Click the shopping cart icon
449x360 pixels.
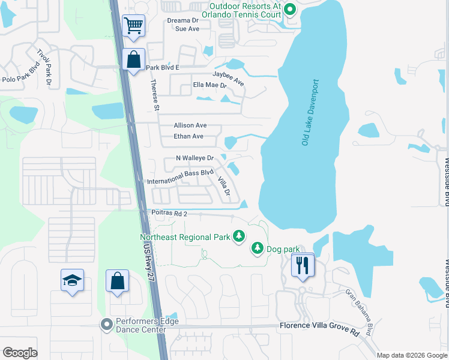(x=133, y=26)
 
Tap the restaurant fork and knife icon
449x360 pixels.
(x=301, y=265)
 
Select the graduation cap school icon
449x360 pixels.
(x=72, y=280)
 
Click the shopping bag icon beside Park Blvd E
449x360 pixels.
(x=133, y=59)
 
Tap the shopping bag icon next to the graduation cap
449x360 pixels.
(x=118, y=281)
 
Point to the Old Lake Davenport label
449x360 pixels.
(x=310, y=113)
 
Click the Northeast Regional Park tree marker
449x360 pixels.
(x=239, y=236)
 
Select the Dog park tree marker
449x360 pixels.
(x=258, y=248)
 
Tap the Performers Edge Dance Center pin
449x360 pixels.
(x=107, y=325)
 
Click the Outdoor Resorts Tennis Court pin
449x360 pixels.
(x=290, y=9)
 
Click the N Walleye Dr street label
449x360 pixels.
(x=194, y=158)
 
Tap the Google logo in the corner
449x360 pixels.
(x=20, y=352)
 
